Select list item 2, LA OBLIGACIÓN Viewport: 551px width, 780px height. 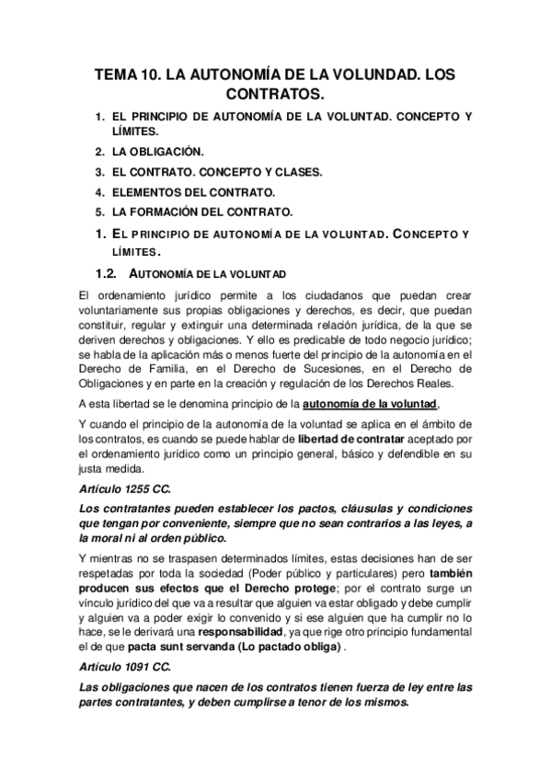point(159,151)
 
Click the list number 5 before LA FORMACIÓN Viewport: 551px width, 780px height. point(99,212)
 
